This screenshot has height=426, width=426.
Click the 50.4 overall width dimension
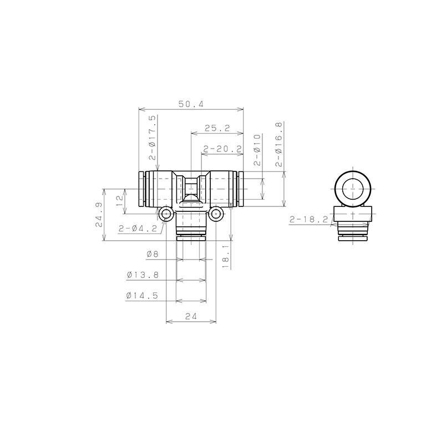[191, 104]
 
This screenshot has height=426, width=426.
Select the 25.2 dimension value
[217, 128]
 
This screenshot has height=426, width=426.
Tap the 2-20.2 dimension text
[222, 149]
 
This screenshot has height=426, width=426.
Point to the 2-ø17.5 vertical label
[153, 138]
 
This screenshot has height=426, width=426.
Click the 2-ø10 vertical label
[257, 150]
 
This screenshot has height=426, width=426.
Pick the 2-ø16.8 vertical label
[279, 144]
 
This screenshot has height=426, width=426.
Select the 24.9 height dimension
[99, 215]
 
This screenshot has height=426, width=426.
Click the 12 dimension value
[120, 201]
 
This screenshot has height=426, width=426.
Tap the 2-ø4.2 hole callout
[138, 229]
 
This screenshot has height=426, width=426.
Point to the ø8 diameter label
[153, 254]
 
